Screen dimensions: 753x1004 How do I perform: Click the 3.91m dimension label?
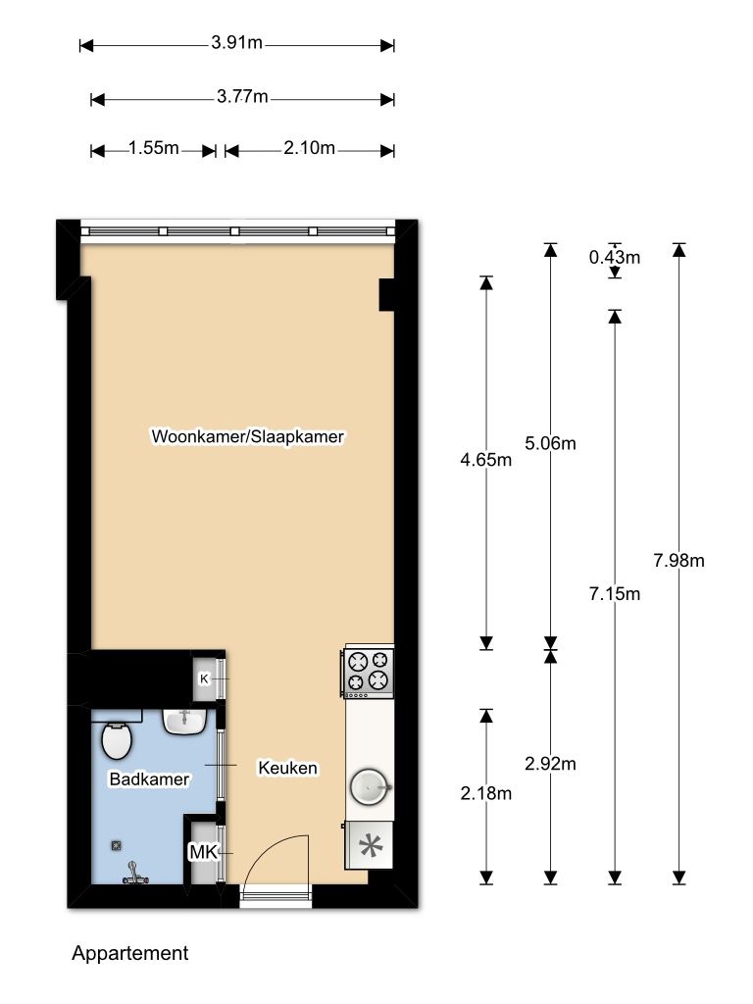tap(237, 43)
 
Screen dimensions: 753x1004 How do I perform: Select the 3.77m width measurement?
tap(242, 97)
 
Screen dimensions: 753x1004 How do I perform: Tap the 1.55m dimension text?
tap(154, 148)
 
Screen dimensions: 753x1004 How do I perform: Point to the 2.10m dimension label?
tap(309, 148)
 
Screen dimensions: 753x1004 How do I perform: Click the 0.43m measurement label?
tap(615, 258)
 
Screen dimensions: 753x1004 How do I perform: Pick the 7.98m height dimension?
tap(678, 561)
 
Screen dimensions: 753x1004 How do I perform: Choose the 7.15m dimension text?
tap(615, 594)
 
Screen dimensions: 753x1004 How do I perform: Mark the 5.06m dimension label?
tap(550, 443)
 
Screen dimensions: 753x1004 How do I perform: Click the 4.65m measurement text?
tap(486, 460)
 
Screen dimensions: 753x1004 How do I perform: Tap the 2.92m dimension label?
tap(550, 764)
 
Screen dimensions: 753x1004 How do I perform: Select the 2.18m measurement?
tap(486, 794)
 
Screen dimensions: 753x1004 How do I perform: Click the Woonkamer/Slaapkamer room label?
tap(248, 436)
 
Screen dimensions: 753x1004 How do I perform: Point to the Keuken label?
tap(287, 768)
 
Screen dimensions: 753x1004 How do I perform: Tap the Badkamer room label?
tap(149, 779)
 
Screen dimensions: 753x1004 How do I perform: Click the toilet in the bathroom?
tap(117, 740)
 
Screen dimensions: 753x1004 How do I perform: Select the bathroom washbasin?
tap(184, 721)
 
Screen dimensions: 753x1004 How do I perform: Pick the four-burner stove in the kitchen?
tap(369, 673)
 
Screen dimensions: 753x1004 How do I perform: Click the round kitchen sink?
tap(370, 787)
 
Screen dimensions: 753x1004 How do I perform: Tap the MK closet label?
tap(204, 852)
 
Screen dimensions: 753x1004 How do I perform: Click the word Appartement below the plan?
tap(130, 953)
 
